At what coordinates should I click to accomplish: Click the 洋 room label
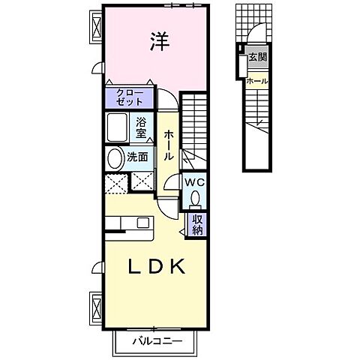click(158, 42)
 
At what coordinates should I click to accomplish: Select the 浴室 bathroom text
click(142, 128)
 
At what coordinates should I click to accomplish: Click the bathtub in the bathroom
click(117, 127)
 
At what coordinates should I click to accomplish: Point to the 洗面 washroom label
click(136, 157)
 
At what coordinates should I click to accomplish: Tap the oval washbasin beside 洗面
click(115, 158)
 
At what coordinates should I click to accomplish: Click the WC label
click(195, 182)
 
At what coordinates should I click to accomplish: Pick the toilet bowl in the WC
click(195, 199)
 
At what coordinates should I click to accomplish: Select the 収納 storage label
click(197, 225)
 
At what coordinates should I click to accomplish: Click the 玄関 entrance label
click(257, 57)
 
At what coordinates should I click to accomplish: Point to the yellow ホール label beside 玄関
click(257, 81)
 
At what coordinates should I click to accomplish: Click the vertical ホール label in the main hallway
click(169, 144)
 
